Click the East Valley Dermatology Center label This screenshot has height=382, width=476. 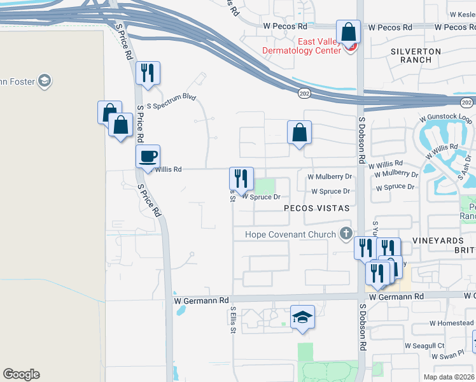298,46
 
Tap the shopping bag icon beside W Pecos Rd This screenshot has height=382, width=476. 349,31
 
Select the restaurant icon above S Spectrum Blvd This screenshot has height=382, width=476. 148,73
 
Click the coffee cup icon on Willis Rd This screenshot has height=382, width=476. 148,156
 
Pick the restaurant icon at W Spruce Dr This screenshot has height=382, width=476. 241,178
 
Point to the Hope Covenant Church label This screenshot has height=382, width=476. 291,234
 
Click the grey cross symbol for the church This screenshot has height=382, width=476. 346,233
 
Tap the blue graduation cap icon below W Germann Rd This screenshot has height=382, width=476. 303,317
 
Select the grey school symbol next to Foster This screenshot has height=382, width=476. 45,81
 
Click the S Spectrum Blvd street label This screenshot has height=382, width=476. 171,100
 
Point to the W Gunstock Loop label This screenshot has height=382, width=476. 445,119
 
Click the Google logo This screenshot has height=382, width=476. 21,374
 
